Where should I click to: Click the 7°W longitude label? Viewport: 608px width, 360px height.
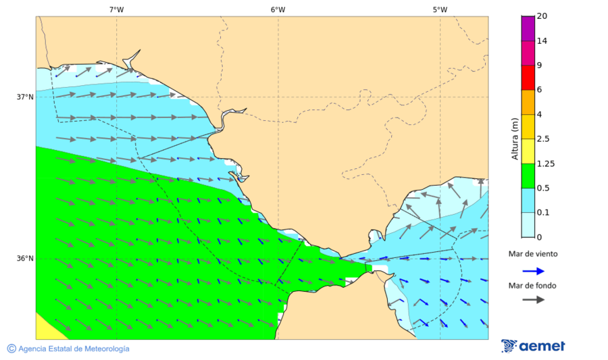pyautogui.click(x=116, y=9)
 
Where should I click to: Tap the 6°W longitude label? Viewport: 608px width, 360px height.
pyautogui.click(x=278, y=9)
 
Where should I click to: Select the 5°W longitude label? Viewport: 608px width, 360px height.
pyautogui.click(x=440, y=9)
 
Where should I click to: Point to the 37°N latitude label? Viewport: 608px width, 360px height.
pyautogui.click(x=25, y=97)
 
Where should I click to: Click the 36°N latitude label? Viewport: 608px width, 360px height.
pyautogui.click(x=25, y=259)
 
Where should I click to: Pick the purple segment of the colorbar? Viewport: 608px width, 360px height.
pyautogui.click(x=528, y=28)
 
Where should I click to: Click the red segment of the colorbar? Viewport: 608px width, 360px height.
pyautogui.click(x=528, y=77)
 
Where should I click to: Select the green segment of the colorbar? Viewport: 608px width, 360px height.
pyautogui.click(x=528, y=176)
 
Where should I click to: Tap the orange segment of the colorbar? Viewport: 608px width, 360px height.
pyautogui.click(x=528, y=102)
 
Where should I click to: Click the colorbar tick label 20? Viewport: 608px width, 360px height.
pyautogui.click(x=542, y=16)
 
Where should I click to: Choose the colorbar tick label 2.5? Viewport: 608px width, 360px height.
pyautogui.click(x=543, y=139)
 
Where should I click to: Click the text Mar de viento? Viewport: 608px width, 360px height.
pyautogui.click(x=533, y=254)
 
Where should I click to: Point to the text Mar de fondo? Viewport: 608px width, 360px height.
pyautogui.click(x=533, y=285)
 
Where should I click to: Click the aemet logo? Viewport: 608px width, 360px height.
pyautogui.click(x=534, y=346)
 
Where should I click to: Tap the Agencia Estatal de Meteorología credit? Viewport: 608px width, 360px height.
pyautogui.click(x=68, y=349)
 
